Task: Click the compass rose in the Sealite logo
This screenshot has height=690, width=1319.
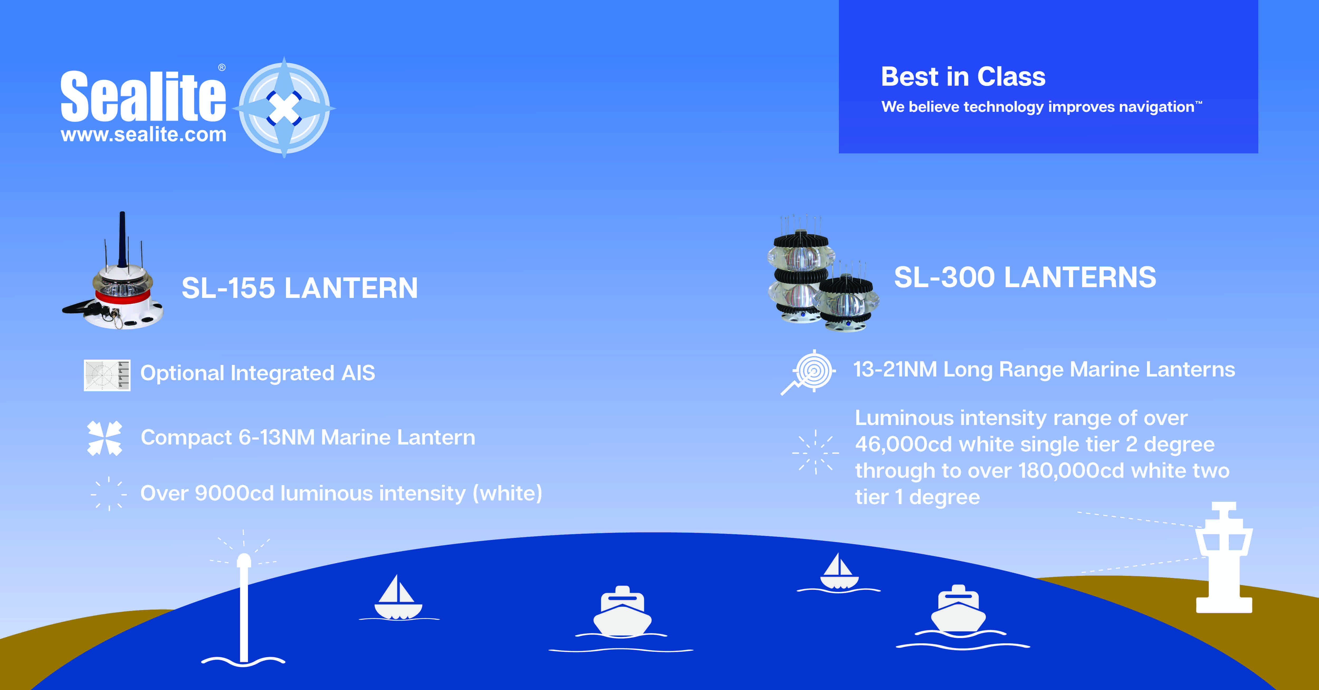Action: tap(284, 108)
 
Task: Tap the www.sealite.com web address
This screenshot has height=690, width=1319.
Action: tap(143, 135)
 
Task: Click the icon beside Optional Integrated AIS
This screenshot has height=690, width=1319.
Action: tap(107, 375)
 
